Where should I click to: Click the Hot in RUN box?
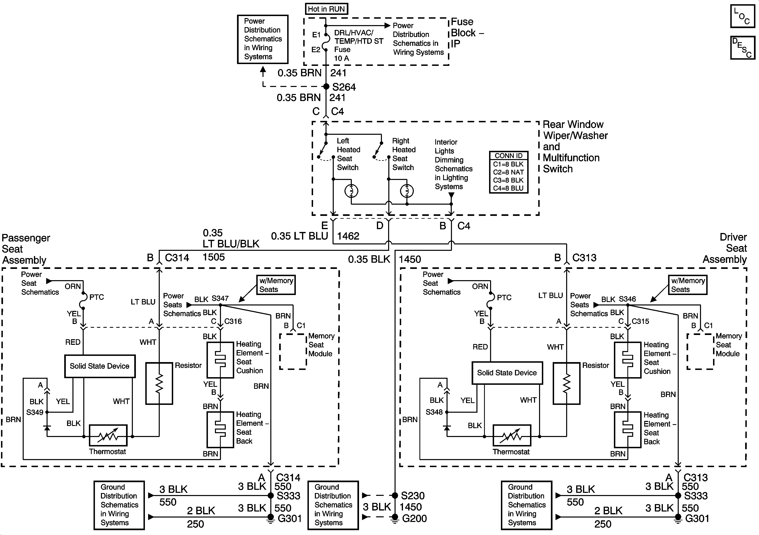[326, 9]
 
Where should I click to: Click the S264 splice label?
[344, 87]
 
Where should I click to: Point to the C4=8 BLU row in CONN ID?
[508, 188]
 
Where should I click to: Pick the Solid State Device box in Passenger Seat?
[100, 366]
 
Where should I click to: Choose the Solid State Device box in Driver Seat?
[507, 373]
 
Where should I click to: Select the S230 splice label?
[413, 496]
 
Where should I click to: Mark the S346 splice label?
[627, 299]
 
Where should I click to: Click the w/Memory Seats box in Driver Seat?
[688, 285]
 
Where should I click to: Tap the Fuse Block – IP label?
[467, 33]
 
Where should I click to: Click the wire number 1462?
[348, 236]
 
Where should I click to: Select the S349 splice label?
[35, 412]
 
